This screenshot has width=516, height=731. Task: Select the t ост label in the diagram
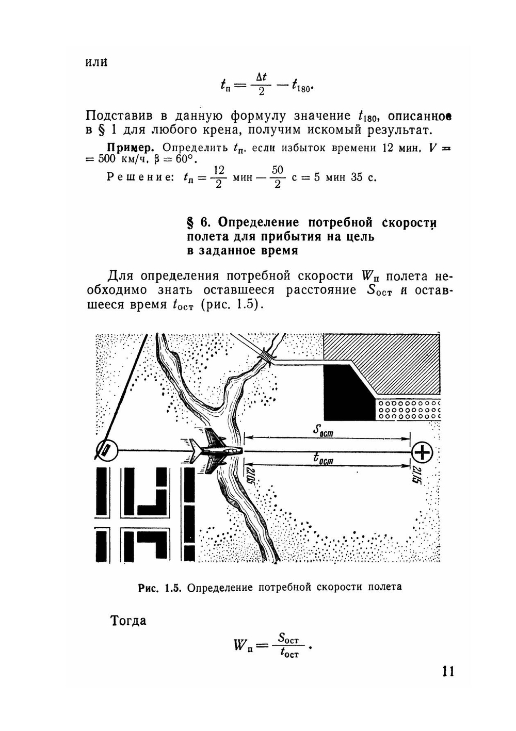pos(324,459)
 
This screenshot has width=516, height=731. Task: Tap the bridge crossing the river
pos(267,355)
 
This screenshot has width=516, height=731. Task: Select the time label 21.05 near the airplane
pos(250,475)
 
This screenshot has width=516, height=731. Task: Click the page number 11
pos(447,671)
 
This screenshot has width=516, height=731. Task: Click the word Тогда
pos(128,621)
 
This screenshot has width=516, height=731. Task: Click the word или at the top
pos(96,61)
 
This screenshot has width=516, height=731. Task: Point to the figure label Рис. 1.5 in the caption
pos(160,587)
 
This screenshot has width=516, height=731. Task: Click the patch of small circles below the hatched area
pos(410,408)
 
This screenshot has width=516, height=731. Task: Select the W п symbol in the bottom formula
pos(243,644)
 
